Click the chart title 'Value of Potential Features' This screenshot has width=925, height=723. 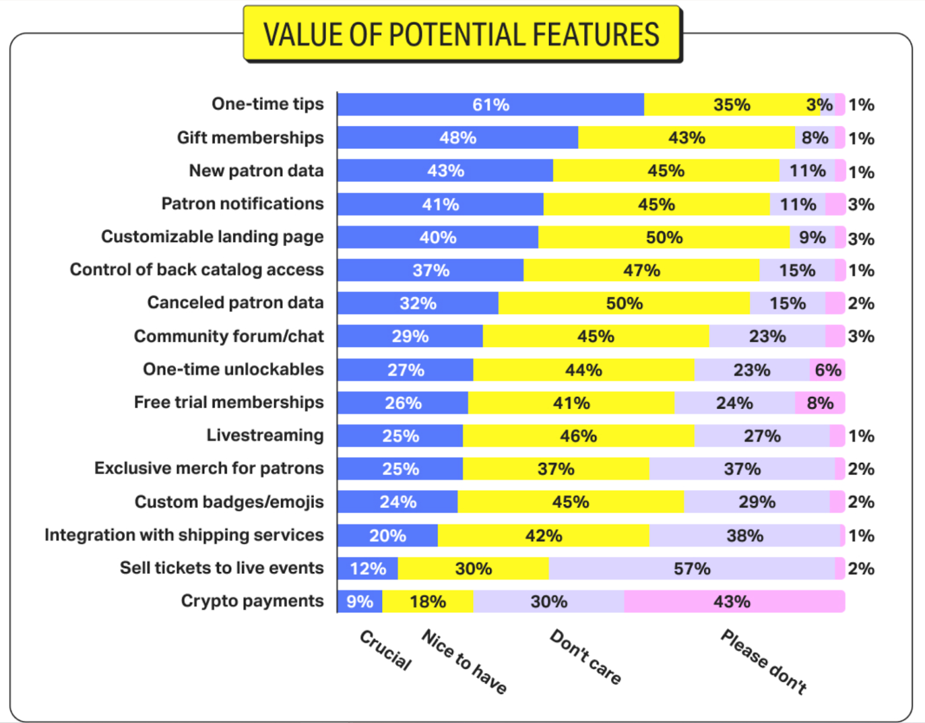[x=461, y=35]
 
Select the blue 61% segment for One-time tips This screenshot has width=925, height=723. [x=490, y=105]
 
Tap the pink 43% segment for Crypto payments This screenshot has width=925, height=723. [x=733, y=602]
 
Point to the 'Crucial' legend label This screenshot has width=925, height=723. [x=386, y=650]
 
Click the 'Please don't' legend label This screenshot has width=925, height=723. [x=764, y=661]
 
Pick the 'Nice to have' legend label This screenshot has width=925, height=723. [x=464, y=661]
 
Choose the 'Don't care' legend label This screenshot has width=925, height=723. [x=585, y=657]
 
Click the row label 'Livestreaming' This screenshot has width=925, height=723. [x=265, y=435]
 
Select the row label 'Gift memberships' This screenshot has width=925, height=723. [x=250, y=138]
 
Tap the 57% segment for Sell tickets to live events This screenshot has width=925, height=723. [x=691, y=569]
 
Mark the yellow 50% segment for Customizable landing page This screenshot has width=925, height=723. [x=664, y=238]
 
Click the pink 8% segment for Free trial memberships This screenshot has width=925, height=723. [x=820, y=403]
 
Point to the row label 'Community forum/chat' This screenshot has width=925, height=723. [x=229, y=336]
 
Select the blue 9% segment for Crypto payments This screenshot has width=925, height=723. [x=360, y=602]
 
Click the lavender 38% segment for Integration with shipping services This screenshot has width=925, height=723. [x=745, y=536]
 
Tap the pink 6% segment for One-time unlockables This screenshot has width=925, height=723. [x=827, y=370]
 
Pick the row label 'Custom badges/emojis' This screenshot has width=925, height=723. [x=229, y=502]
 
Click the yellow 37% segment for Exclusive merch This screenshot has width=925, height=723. [x=556, y=469]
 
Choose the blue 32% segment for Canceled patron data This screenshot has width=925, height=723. [x=417, y=303]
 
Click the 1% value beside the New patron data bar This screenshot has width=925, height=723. [x=861, y=172]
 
